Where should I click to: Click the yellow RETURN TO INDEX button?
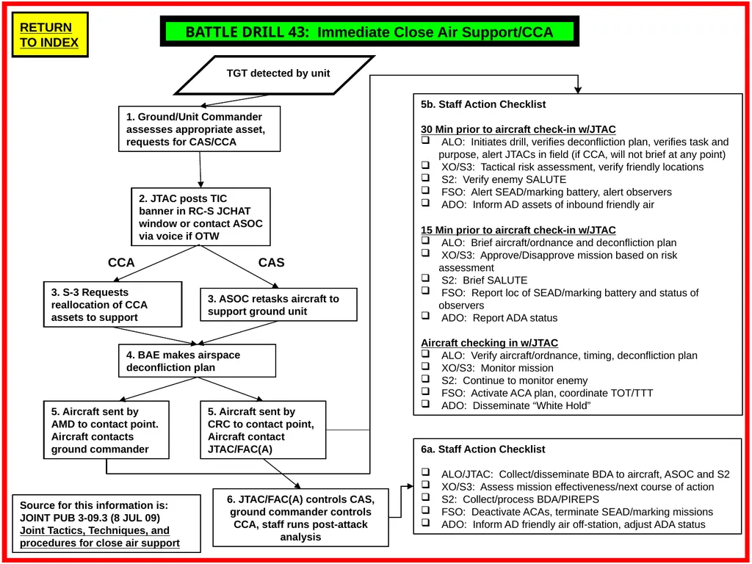(50, 35)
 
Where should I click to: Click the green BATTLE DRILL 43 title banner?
(369, 32)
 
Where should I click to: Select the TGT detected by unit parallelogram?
(275, 75)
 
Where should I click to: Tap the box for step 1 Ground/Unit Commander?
(200, 129)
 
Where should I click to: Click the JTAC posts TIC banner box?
(201, 217)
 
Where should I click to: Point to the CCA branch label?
(121, 263)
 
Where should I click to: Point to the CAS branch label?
(272, 263)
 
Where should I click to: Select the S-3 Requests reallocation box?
(112, 305)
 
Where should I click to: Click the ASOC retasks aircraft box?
(278, 305)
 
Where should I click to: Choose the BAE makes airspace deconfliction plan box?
(197, 361)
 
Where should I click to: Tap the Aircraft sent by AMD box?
(106, 430)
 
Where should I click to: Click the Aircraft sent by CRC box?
(264, 430)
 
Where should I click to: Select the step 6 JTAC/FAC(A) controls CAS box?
(300, 518)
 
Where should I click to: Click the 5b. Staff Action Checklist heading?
(483, 104)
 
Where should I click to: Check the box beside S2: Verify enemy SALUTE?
(425, 178)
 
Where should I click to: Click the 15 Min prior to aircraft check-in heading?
(518, 230)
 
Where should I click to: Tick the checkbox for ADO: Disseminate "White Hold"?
(425, 404)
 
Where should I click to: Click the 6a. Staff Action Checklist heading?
(483, 449)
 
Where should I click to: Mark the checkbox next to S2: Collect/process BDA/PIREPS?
(425, 498)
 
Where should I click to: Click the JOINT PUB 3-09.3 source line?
(90, 518)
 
